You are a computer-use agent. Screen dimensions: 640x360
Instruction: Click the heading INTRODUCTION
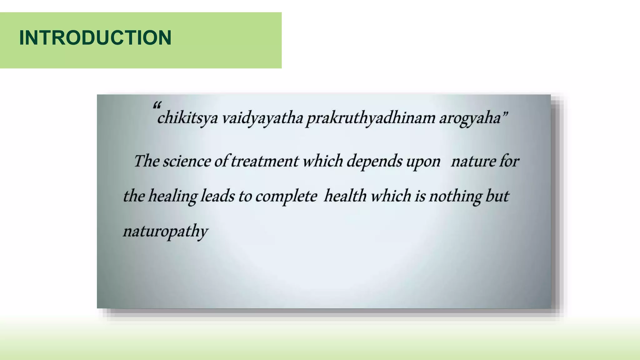click(x=95, y=38)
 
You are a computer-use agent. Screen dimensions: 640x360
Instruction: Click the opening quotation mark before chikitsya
click(x=157, y=105)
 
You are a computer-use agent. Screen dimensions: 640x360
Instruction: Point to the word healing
click(x=172, y=196)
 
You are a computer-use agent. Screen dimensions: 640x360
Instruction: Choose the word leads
click(x=217, y=196)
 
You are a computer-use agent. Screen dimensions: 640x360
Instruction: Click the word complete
click(x=286, y=197)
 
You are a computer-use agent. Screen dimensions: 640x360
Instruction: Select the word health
click(x=345, y=196)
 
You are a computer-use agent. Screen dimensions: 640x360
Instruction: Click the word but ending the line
click(x=497, y=196)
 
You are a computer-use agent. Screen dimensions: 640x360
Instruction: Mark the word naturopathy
click(x=165, y=232)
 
